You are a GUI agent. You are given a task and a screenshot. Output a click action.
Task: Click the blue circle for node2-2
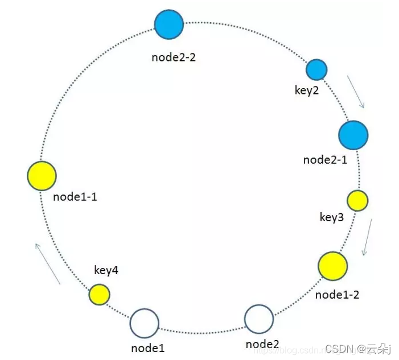click(x=169, y=24)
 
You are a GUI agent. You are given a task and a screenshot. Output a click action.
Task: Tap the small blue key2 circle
click(x=316, y=69)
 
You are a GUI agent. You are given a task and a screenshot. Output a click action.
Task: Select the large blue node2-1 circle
click(x=353, y=135)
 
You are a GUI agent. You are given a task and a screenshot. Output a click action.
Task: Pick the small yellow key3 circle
click(x=357, y=200)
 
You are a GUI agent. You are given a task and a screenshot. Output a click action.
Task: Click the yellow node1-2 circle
click(x=332, y=266)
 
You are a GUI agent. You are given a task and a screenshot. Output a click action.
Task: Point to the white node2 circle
click(x=259, y=318)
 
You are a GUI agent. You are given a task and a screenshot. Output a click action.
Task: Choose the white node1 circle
click(x=145, y=324)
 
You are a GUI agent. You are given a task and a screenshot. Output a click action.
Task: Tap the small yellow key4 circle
click(x=99, y=295)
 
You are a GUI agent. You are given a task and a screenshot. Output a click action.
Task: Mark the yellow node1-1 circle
click(x=42, y=175)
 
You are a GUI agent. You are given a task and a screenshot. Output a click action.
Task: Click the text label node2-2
click(x=174, y=57)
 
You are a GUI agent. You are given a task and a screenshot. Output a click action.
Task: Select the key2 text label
click(x=307, y=91)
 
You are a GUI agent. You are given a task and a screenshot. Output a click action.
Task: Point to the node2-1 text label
click(x=325, y=160)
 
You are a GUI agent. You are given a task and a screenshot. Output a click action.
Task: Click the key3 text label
click(x=332, y=217)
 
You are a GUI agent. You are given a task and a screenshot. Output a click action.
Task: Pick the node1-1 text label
click(x=75, y=197)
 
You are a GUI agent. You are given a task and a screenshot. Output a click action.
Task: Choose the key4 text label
click(x=106, y=271)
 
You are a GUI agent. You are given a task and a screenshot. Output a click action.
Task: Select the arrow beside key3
click(x=368, y=236)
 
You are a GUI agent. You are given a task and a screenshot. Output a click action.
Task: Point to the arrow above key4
click(x=47, y=263)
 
